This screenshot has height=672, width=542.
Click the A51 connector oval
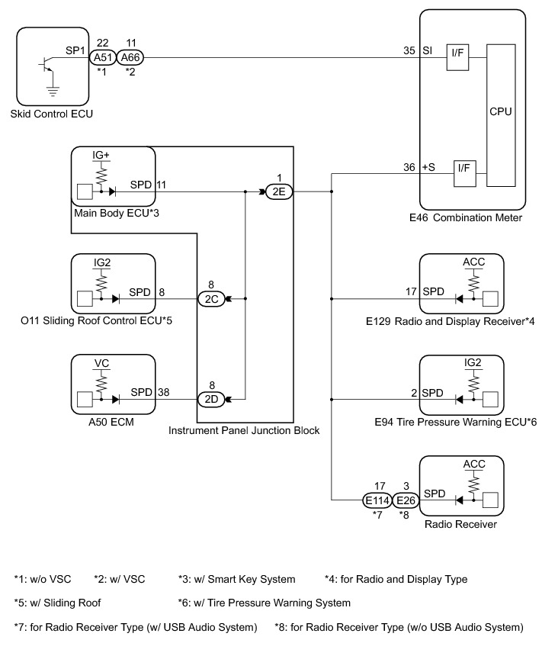pos(101,56)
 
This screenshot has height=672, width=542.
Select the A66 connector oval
pos(130,56)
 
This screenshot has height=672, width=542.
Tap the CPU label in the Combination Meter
pos(500,111)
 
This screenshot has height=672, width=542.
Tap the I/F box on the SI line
pos(457,57)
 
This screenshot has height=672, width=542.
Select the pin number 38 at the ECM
pos(162,391)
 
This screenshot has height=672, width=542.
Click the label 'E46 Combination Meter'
pos(466,218)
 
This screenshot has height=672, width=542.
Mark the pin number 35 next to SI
pos(409,50)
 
